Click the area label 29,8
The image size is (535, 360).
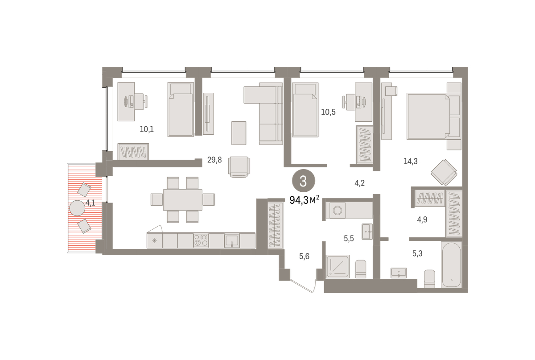click(x=214, y=160)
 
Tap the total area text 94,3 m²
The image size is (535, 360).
click(x=304, y=200)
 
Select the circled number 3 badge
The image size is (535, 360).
click(x=303, y=181)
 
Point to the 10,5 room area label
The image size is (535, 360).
click(x=328, y=112)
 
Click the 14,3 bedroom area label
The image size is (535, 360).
click(x=411, y=161)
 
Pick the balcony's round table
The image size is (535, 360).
click(x=77, y=208)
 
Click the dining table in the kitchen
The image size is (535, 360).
click(x=183, y=200)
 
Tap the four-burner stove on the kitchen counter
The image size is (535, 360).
click(x=201, y=240)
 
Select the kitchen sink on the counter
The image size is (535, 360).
click(x=232, y=240)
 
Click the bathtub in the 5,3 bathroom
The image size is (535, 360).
click(x=451, y=265)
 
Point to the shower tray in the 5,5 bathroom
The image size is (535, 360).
click(x=338, y=266)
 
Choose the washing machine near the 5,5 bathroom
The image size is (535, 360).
click(x=337, y=211)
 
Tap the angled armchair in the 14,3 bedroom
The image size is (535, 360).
click(x=444, y=172)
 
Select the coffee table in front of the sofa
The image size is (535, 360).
click(x=239, y=133)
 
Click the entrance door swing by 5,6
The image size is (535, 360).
click(x=303, y=286)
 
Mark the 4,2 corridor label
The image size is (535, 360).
click(x=359, y=183)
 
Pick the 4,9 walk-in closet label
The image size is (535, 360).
click(x=422, y=219)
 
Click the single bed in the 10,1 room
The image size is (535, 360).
click(x=181, y=109)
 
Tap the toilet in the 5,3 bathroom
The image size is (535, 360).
click(x=429, y=279)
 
